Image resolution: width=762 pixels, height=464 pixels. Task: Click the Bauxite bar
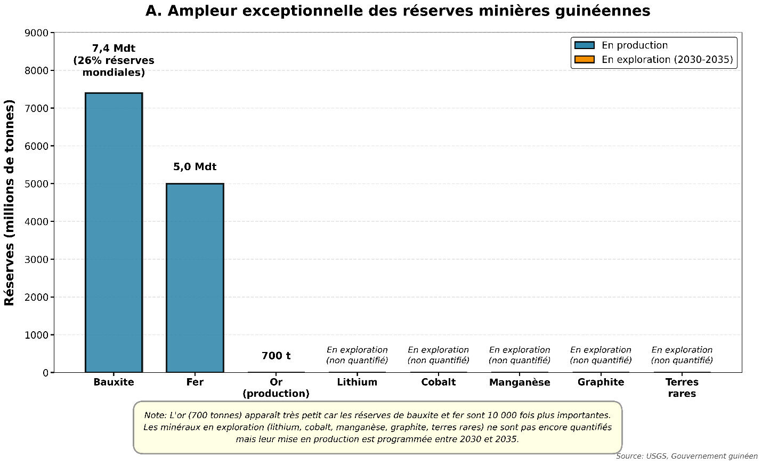pyautogui.click(x=114, y=233)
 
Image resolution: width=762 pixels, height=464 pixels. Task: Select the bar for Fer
pyautogui.click(x=194, y=277)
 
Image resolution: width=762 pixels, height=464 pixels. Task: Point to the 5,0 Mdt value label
pyautogui.click(x=194, y=167)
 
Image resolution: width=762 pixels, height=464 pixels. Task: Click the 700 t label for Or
pyautogui.click(x=276, y=356)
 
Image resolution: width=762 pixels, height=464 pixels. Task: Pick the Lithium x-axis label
pyautogui.click(x=357, y=382)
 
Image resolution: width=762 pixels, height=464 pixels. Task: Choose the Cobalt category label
pyautogui.click(x=438, y=382)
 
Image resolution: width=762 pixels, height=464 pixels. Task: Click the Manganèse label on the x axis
pyautogui.click(x=520, y=382)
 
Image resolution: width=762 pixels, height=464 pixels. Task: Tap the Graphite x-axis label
pyautogui.click(x=601, y=382)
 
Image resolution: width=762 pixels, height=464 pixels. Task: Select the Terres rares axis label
pyautogui.click(x=682, y=388)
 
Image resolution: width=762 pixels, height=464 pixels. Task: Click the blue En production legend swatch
pyautogui.click(x=585, y=45)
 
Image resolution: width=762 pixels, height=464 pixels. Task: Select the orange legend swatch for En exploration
pyautogui.click(x=585, y=59)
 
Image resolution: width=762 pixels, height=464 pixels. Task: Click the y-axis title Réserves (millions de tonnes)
pyautogui.click(x=10, y=203)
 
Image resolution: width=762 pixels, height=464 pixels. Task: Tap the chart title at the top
pyautogui.click(x=398, y=11)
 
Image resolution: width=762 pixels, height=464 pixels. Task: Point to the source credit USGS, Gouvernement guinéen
pyautogui.click(x=686, y=456)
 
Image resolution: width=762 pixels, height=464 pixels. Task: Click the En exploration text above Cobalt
pyautogui.click(x=438, y=350)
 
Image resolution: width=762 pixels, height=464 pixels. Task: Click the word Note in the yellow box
pyautogui.click(x=155, y=415)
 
